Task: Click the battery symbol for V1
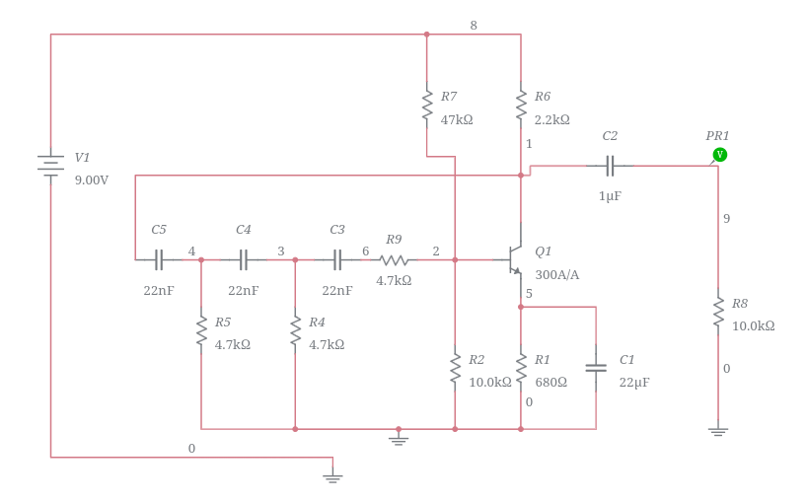(x=50, y=164)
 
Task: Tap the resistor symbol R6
(x=521, y=106)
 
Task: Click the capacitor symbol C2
(x=610, y=166)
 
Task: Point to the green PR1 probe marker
(x=720, y=154)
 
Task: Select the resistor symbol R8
(x=718, y=313)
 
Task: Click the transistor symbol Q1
(x=515, y=260)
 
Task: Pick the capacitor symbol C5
(x=158, y=260)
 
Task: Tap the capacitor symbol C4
(x=243, y=260)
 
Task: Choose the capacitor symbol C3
(x=336, y=260)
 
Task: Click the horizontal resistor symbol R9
(x=394, y=260)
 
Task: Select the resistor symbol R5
(x=201, y=331)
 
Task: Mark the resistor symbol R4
(x=295, y=331)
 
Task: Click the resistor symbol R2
(x=455, y=368)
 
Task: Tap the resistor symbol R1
(x=521, y=368)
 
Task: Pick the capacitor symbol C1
(x=596, y=368)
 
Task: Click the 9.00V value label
(x=92, y=180)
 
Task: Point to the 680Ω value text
(x=550, y=383)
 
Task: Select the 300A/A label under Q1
(x=557, y=275)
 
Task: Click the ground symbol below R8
(x=718, y=431)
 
